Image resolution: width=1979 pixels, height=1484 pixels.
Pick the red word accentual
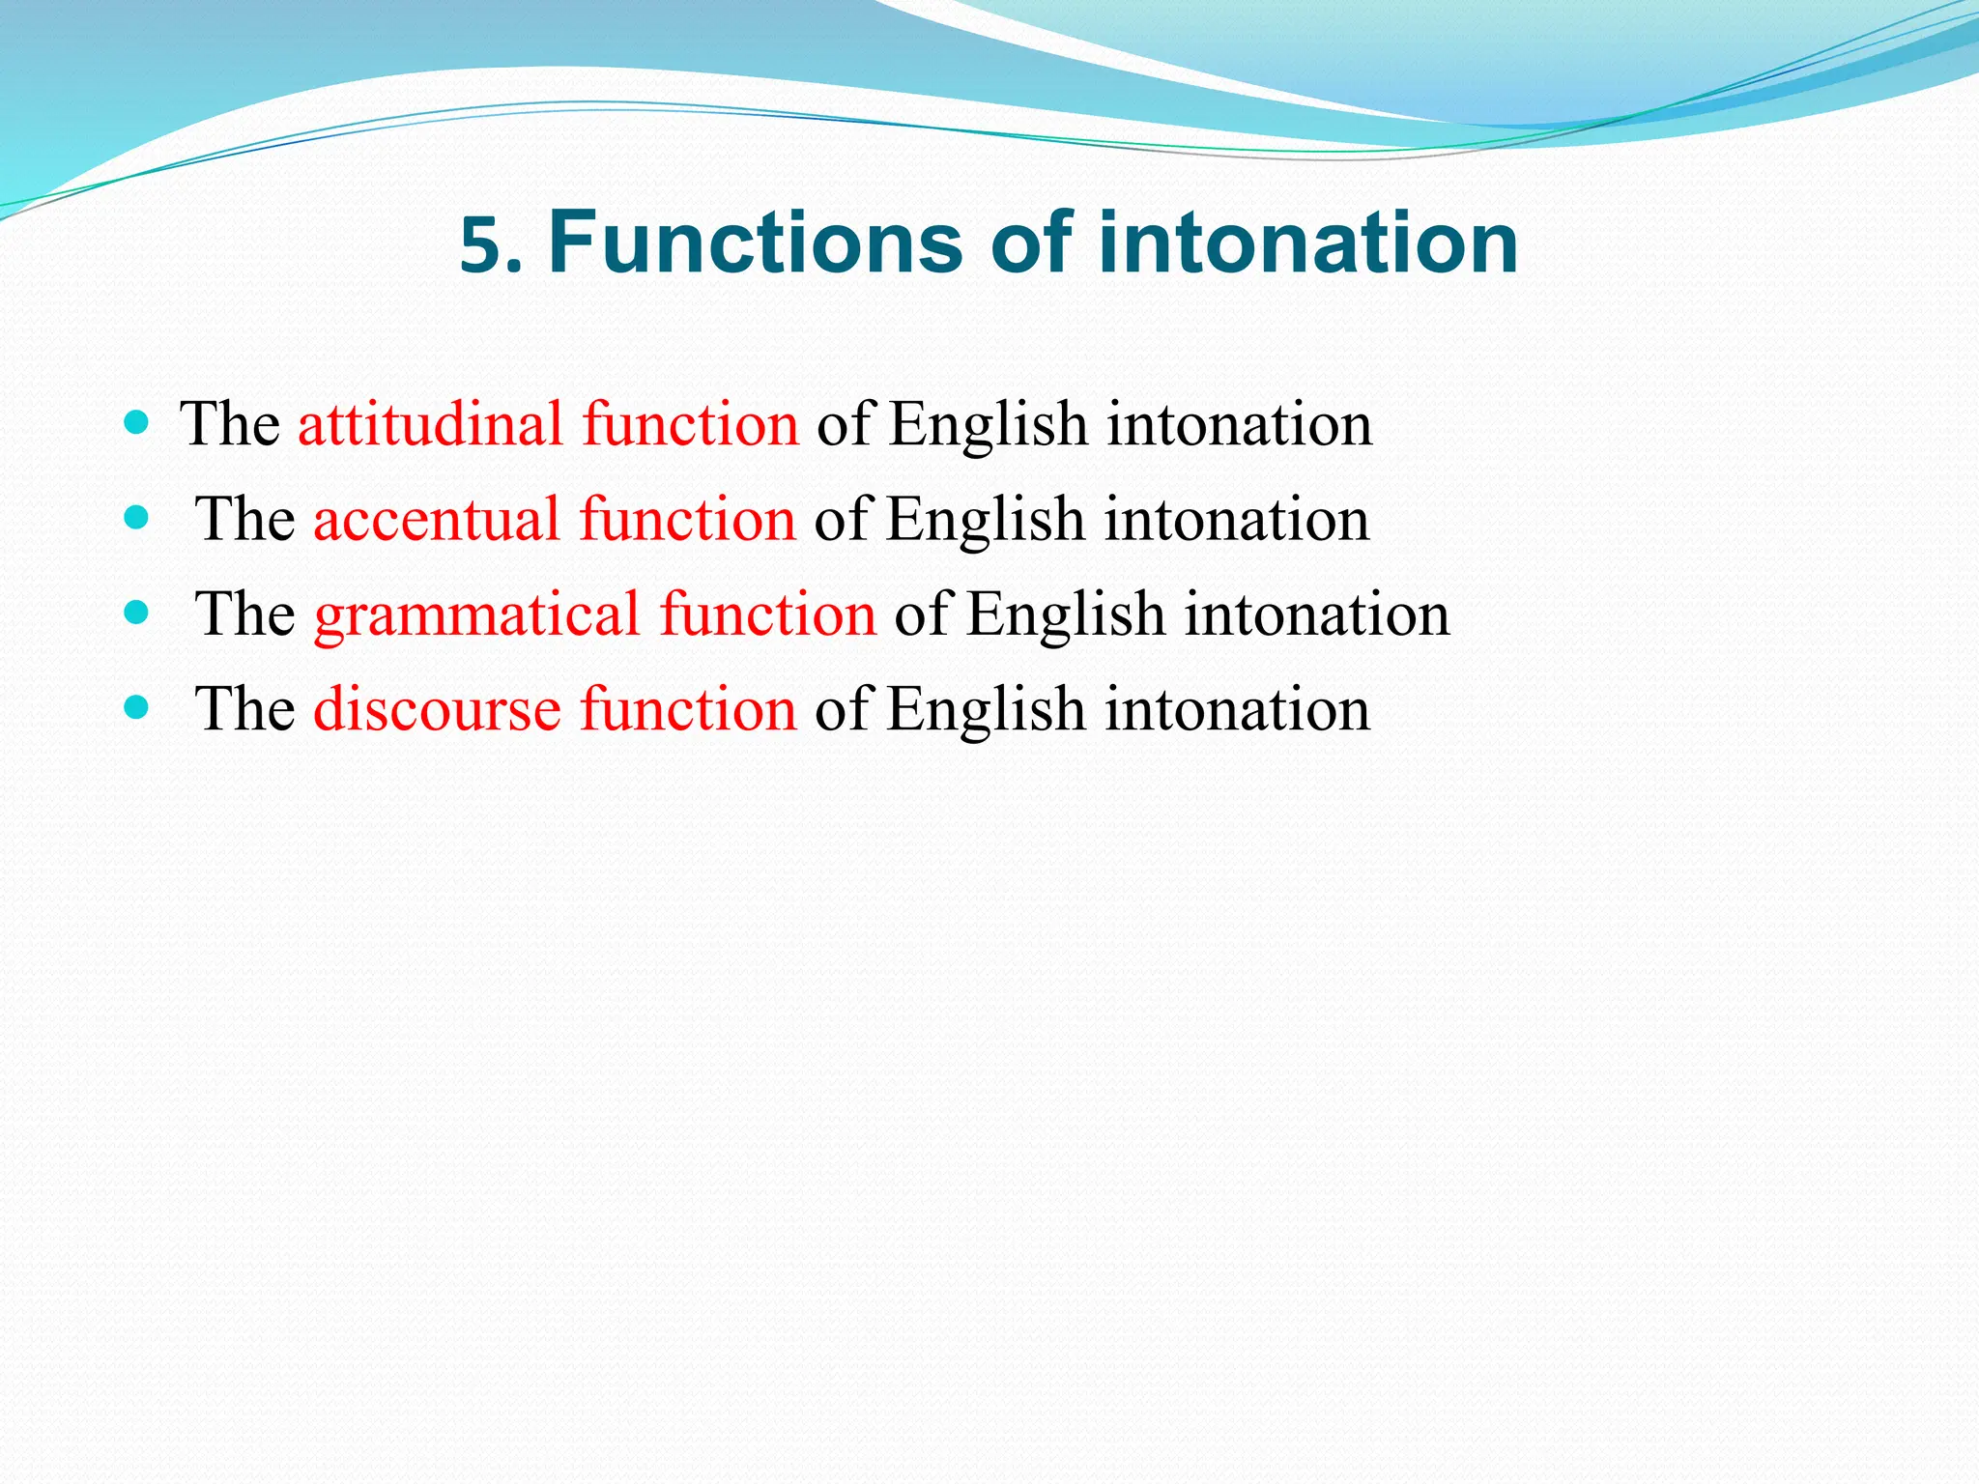click(437, 519)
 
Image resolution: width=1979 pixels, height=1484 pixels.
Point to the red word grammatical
click(476, 614)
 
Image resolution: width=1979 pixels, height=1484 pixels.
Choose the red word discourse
click(437, 708)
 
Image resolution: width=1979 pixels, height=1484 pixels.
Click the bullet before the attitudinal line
click(136, 422)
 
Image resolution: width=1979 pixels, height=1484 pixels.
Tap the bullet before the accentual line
click(136, 517)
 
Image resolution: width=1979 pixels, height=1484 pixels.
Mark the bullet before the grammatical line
click(136, 612)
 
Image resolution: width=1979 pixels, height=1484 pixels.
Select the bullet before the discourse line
click(136, 707)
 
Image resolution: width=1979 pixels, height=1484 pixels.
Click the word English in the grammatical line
click(1066, 614)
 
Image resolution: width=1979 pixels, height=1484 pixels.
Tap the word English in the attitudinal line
click(988, 424)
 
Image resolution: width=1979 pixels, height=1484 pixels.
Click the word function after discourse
click(688, 708)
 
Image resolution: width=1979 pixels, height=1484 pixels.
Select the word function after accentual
click(687, 519)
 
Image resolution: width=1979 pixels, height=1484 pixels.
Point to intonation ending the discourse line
click(1237, 708)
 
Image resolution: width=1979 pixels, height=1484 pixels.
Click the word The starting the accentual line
click(244, 519)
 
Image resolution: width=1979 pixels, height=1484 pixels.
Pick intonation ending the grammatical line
click(1317, 614)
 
